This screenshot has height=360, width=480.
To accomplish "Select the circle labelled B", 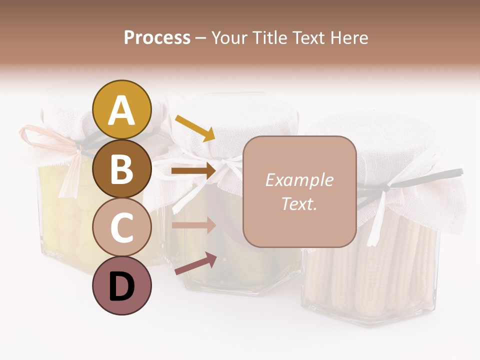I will coord(122,168).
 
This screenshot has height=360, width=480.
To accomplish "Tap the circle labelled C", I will coord(122,227).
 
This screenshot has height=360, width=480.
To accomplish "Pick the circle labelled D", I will coord(122,286).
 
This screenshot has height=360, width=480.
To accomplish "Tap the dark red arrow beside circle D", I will coord(195,263).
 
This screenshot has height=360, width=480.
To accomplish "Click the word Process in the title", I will coord(157,37).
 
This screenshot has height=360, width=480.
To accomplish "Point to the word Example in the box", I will coord(299,180).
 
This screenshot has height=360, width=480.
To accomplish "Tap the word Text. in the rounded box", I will coord(299,203).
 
